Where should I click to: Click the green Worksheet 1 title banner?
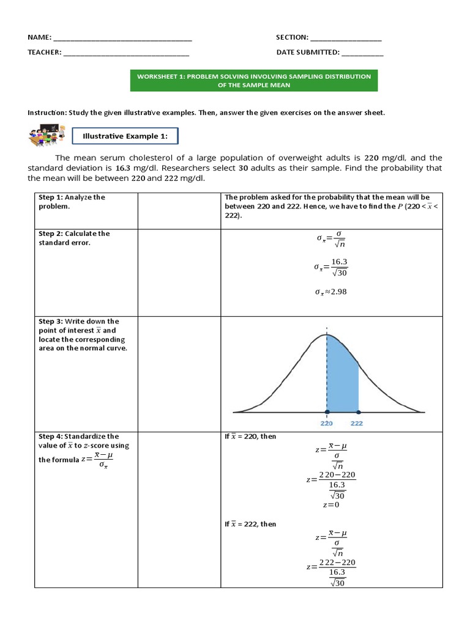click(254, 81)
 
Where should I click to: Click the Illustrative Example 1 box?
click(125, 136)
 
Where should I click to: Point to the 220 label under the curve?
click(327, 423)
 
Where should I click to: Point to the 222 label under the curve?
click(358, 423)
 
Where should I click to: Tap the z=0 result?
click(330, 505)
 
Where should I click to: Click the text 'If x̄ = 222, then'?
click(250, 524)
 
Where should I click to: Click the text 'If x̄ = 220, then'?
click(250, 436)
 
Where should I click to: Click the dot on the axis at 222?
click(358, 412)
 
